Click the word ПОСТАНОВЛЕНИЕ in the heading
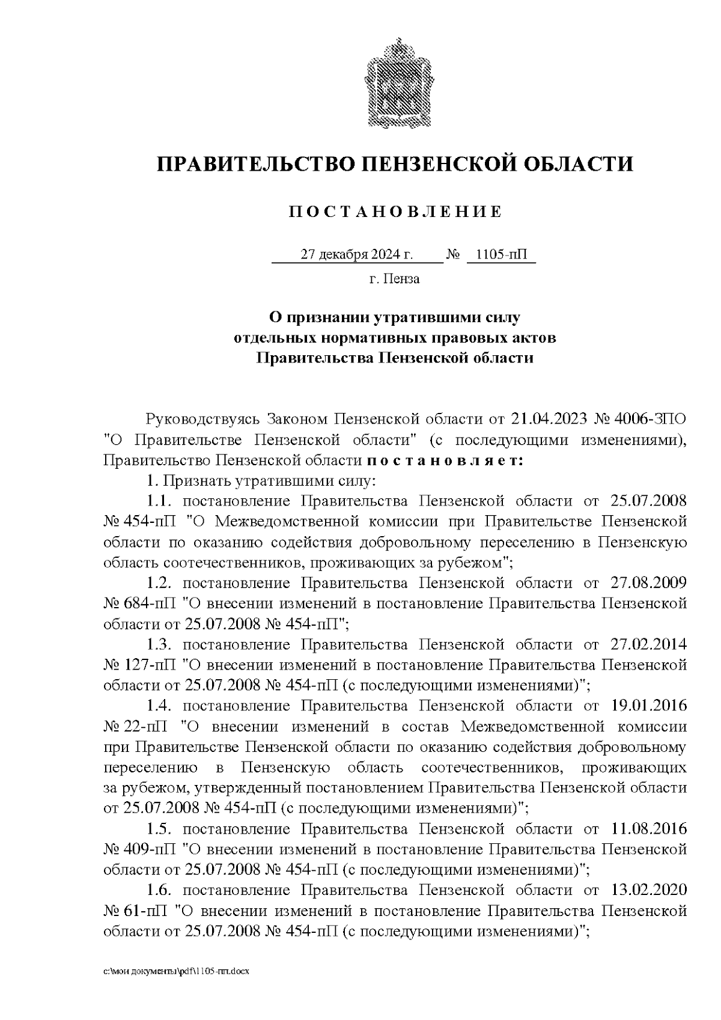point(395,212)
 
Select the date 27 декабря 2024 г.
point(356,255)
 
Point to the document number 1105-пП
point(500,255)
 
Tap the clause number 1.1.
point(160,501)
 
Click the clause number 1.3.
point(160,644)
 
